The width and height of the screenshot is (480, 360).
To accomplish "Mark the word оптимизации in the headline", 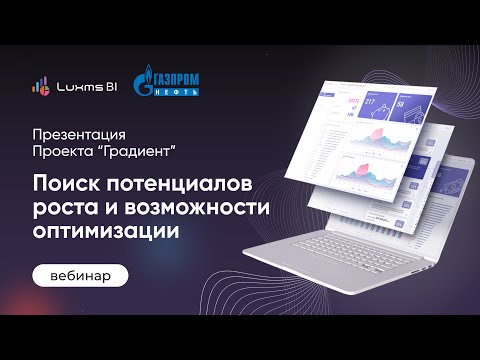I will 101,230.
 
